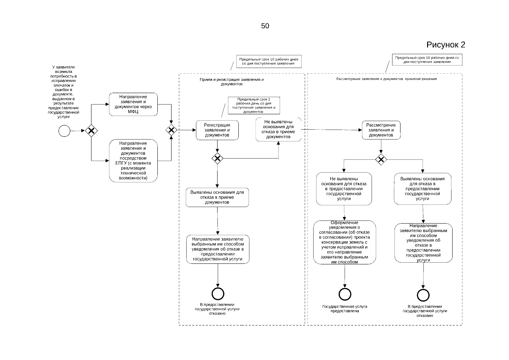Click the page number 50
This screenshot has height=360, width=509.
coord(265,26)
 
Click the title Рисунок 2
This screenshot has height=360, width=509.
coord(446,45)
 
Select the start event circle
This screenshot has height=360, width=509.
coord(64,131)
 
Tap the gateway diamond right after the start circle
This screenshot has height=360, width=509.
coord(91,131)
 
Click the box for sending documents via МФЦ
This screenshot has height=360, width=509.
coord(133,104)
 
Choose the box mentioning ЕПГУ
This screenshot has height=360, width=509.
coord(133,161)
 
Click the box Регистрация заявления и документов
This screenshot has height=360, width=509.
coord(217,130)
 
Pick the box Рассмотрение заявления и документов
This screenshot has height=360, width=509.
coord(381,130)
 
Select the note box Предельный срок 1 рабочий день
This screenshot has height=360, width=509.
coord(254,106)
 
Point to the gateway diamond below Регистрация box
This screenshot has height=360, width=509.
coord(217,158)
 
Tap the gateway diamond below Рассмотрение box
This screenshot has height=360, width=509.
coord(381,160)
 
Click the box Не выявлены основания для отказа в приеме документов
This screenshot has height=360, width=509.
coord(278,130)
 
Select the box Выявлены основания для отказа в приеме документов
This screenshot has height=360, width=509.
coord(217,197)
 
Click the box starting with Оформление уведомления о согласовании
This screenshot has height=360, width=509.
coord(345,242)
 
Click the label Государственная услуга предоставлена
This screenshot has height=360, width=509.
coord(345,309)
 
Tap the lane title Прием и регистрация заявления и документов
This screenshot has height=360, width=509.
coord(232,82)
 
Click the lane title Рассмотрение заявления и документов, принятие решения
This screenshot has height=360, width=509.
coord(386,79)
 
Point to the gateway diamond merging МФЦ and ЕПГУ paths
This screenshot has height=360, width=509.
coord(171,130)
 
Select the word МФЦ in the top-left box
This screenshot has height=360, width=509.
coord(133,112)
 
